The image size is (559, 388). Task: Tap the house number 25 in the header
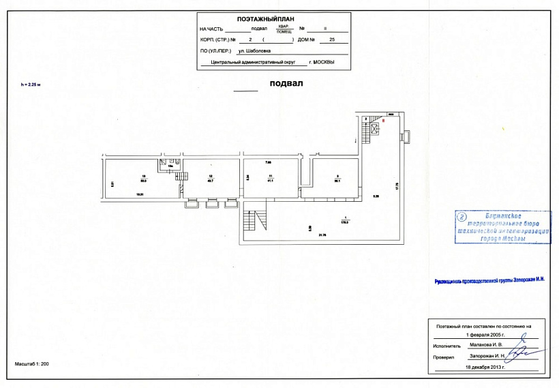pyautogui.click(x=332, y=40)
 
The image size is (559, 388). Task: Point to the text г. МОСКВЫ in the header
pyautogui.click(x=322, y=62)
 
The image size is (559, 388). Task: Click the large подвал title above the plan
pyautogui.click(x=286, y=84)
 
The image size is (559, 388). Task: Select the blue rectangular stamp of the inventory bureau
pyautogui.click(x=503, y=227)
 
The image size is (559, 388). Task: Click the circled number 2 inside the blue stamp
pyautogui.click(x=462, y=218)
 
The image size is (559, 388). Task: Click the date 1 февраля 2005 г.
pyautogui.click(x=487, y=335)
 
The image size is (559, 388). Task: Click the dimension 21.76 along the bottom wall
pyautogui.click(x=322, y=235)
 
